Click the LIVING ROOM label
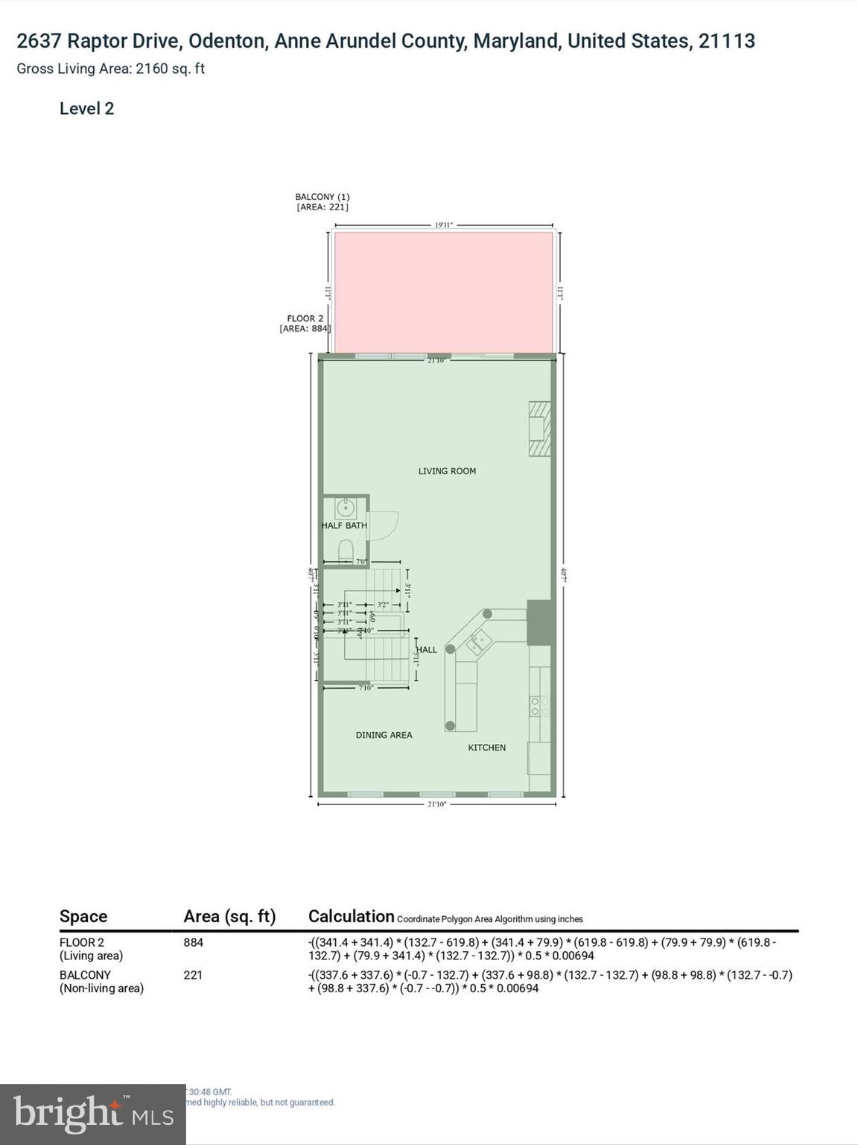pos(447,471)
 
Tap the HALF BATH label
pos(344,526)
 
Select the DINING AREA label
pos(384,735)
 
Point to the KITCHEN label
pos(486,748)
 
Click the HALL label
pos(427,650)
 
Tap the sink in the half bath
pos(345,508)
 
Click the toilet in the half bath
pos(346,551)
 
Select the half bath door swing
pos(383,525)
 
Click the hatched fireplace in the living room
pos(539,429)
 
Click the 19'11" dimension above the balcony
pos(444,224)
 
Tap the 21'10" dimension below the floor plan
pos(437,804)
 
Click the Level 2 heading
pos(86,109)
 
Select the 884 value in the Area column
pos(193,942)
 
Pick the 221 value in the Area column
pos(193,975)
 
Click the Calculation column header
pos(351,916)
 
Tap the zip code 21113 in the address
pos(726,41)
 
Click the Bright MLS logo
pos(92,1114)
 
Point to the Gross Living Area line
pos(110,69)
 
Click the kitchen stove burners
pos(539,706)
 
